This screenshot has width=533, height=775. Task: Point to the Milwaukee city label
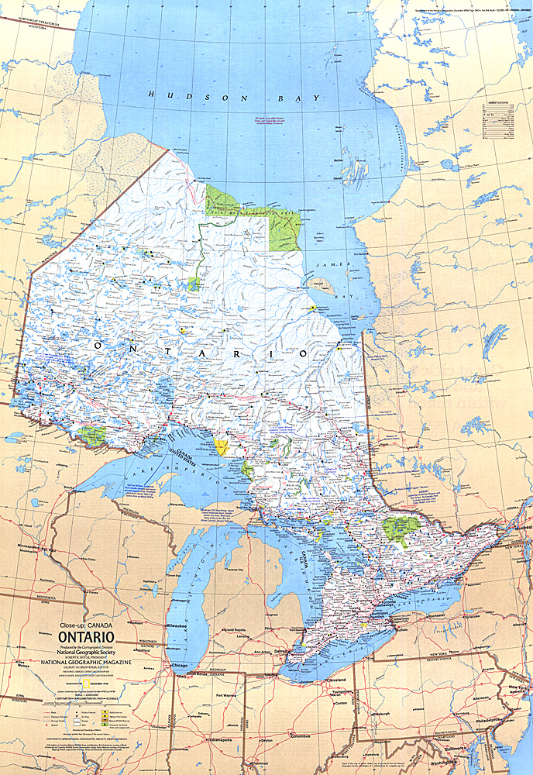click(184, 624)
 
